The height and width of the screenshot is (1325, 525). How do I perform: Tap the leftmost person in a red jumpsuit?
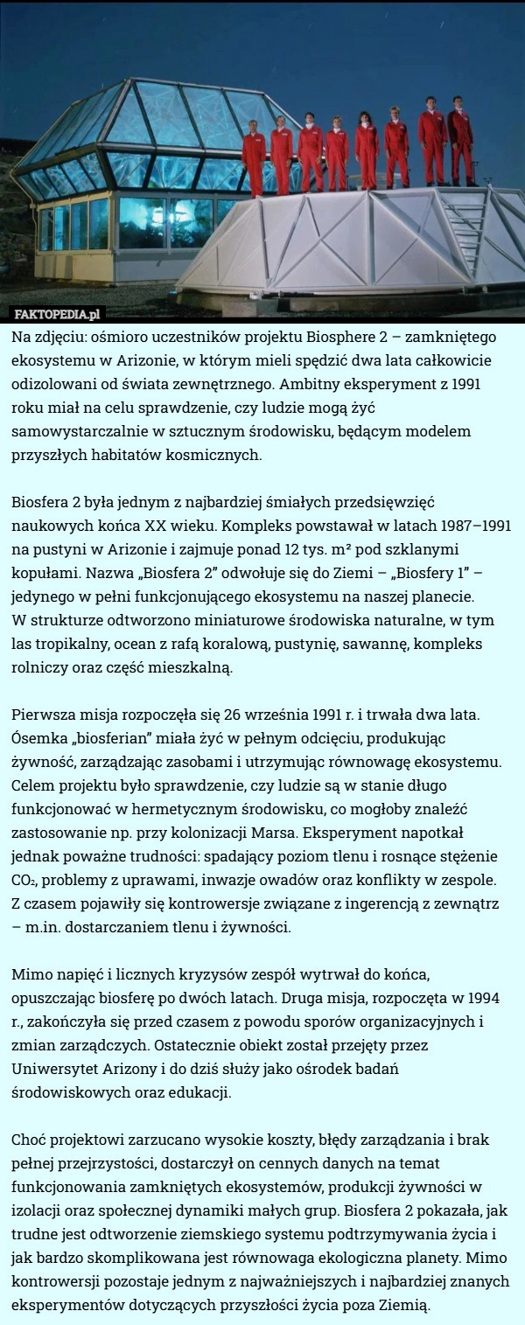254,157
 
